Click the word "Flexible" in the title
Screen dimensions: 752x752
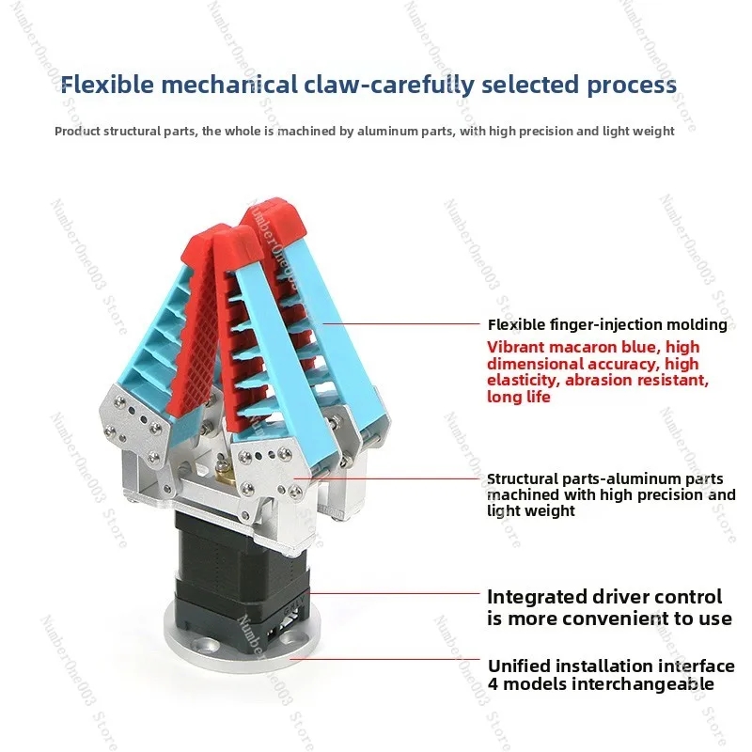[107, 85]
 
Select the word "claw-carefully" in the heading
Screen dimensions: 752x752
[389, 86]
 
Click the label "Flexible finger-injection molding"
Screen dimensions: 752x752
[607, 324]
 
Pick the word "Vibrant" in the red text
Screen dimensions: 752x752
[515, 347]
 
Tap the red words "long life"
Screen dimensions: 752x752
[519, 397]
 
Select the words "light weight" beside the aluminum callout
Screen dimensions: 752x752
[531, 510]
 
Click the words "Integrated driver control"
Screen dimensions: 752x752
[604, 597]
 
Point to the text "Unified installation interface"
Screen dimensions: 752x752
[611, 666]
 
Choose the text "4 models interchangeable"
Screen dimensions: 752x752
[601, 684]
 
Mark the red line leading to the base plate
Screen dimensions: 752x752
[384, 659]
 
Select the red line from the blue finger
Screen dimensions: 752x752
[401, 323]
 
